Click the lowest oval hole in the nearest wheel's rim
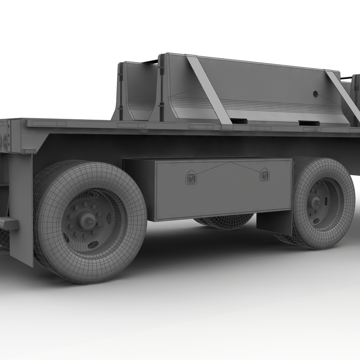(x=92, y=245)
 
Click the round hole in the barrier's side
(x=315, y=95)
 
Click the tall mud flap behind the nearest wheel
(x=21, y=211)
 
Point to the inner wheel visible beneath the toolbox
(x=225, y=222)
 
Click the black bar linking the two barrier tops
(x=151, y=62)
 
